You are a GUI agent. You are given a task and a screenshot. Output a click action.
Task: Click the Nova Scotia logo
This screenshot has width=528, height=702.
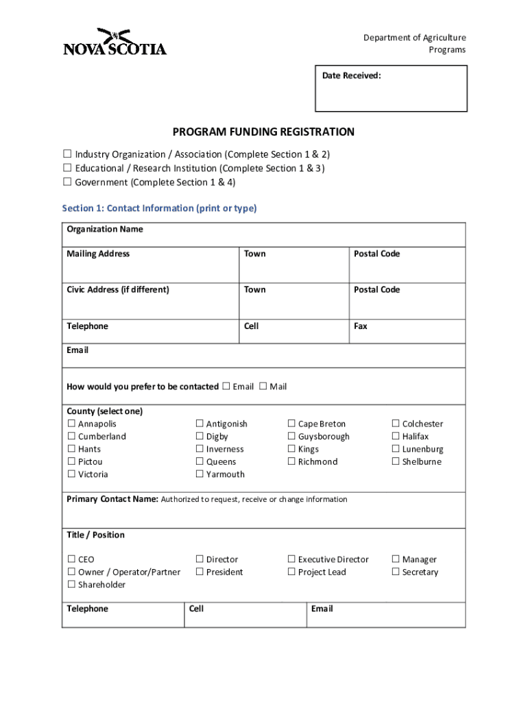115,43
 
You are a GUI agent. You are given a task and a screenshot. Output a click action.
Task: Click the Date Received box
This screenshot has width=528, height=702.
391,88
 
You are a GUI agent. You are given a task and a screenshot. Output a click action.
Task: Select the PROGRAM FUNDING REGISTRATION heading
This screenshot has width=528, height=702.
263,132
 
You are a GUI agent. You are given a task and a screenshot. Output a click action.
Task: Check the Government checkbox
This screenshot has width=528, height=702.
67,182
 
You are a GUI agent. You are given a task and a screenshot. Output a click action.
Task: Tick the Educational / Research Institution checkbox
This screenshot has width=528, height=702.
67,169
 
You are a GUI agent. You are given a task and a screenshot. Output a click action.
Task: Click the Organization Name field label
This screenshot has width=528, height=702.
104,229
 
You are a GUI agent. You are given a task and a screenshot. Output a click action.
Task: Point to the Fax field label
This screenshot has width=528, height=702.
360,326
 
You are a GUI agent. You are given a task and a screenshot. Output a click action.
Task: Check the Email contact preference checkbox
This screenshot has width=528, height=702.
226,387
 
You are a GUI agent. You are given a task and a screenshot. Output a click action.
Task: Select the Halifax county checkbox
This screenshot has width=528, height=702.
395,437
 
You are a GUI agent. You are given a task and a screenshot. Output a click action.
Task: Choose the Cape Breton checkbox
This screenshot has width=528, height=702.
291,424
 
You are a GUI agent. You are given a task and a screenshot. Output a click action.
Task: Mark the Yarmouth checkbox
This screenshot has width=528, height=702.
200,474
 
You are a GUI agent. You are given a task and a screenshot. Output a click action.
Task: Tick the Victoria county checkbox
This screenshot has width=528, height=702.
71,474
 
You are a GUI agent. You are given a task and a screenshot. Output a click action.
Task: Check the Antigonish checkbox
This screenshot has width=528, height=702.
200,424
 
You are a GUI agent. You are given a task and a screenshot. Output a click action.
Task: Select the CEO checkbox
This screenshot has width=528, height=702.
71,560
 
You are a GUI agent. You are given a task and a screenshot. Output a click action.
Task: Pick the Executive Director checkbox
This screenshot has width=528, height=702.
291,560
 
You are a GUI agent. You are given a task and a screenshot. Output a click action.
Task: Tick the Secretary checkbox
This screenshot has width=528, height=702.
395,572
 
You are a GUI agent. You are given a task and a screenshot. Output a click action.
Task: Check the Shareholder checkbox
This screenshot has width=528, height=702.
71,585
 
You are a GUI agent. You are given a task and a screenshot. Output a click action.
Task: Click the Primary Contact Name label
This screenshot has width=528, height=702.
112,499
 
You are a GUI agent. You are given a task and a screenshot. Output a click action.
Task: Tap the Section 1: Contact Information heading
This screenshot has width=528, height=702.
159,208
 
